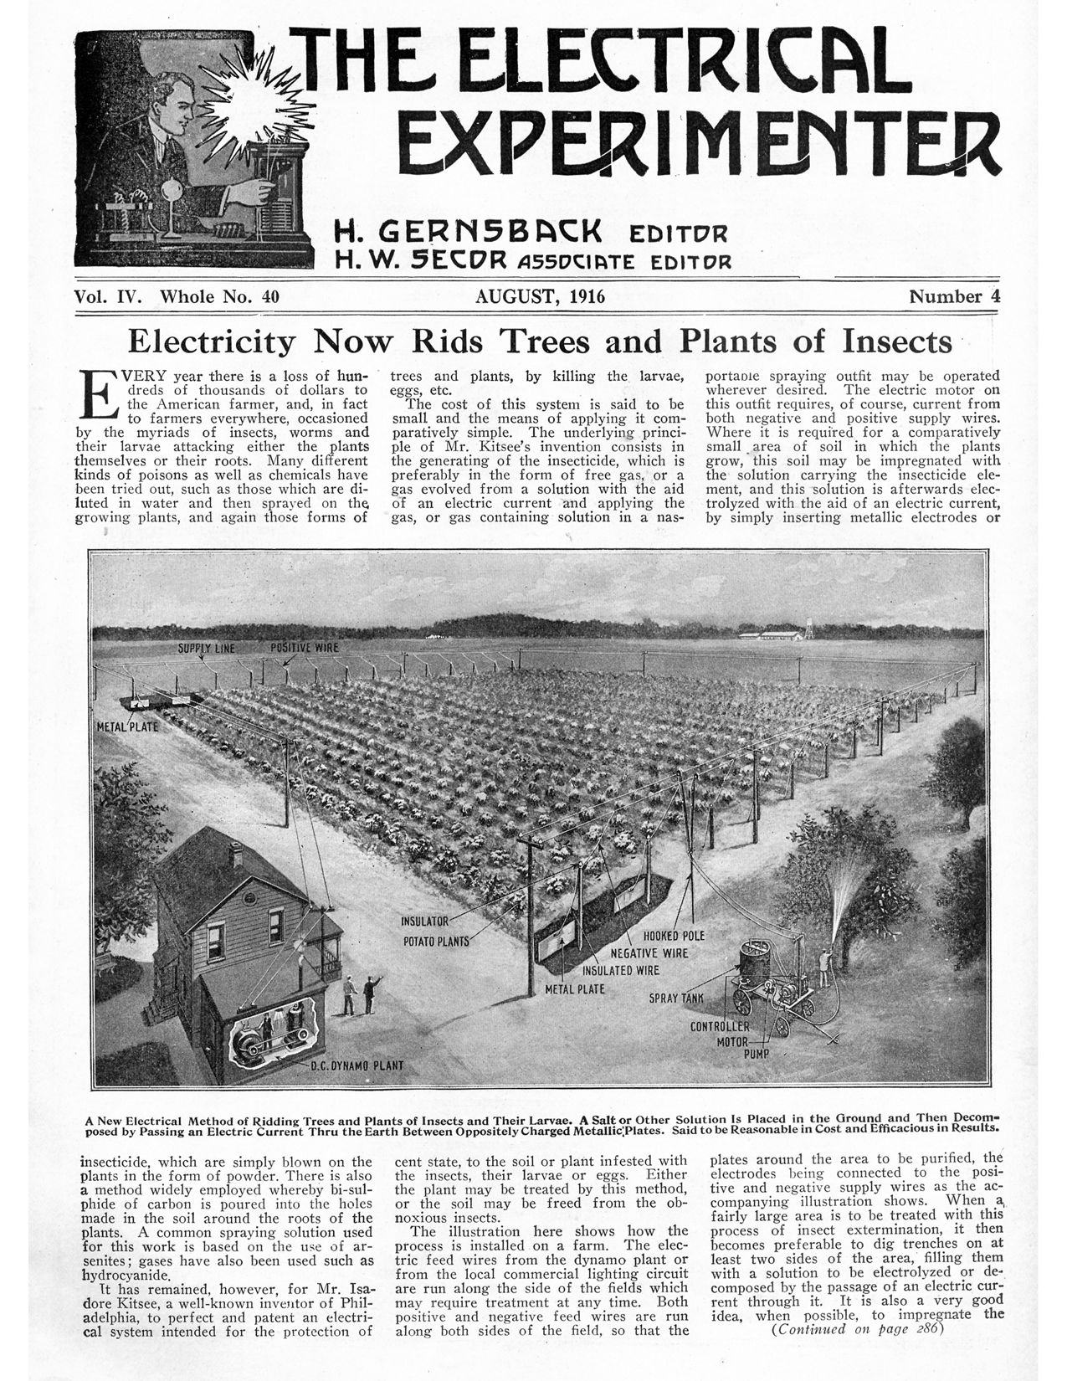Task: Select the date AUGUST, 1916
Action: [x=540, y=295]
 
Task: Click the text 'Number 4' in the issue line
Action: [x=954, y=295]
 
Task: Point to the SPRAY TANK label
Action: [x=676, y=998]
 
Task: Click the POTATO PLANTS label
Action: [x=436, y=940]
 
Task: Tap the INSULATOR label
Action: [x=425, y=922]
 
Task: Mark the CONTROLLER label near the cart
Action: [x=720, y=1026]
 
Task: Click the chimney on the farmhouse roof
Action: [x=236, y=855]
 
